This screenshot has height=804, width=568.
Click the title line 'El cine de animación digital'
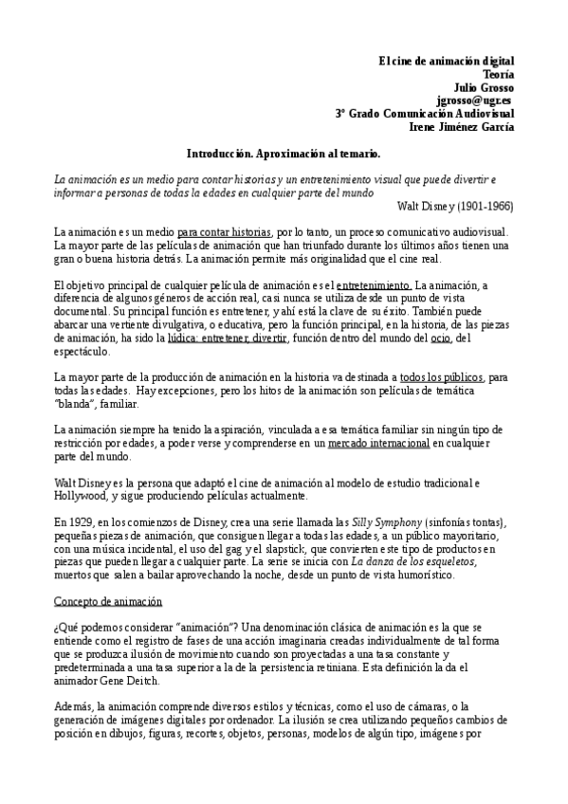coord(445,60)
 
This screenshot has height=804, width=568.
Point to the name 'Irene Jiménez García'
coord(462,126)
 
